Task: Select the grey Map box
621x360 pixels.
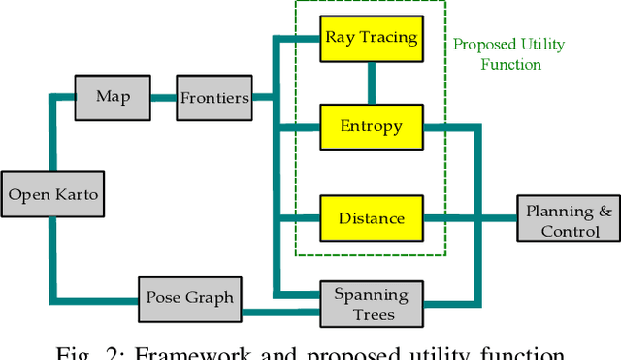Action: [x=113, y=97]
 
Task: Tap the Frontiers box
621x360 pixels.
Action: [x=214, y=98]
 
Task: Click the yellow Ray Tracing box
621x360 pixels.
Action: [x=371, y=39]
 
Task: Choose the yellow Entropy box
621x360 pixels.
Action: [x=371, y=126]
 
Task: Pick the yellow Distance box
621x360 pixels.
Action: [x=371, y=217]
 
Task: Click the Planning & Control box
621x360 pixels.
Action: [x=570, y=220]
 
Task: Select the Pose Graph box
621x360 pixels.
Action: [x=189, y=296]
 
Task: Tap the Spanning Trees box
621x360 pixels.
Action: [x=371, y=304]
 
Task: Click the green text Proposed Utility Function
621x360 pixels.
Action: [x=508, y=54]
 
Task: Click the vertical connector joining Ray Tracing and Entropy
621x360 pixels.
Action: [x=371, y=82]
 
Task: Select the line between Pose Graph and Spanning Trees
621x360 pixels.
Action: [x=281, y=312]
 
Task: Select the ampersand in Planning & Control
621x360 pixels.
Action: [x=604, y=211]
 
